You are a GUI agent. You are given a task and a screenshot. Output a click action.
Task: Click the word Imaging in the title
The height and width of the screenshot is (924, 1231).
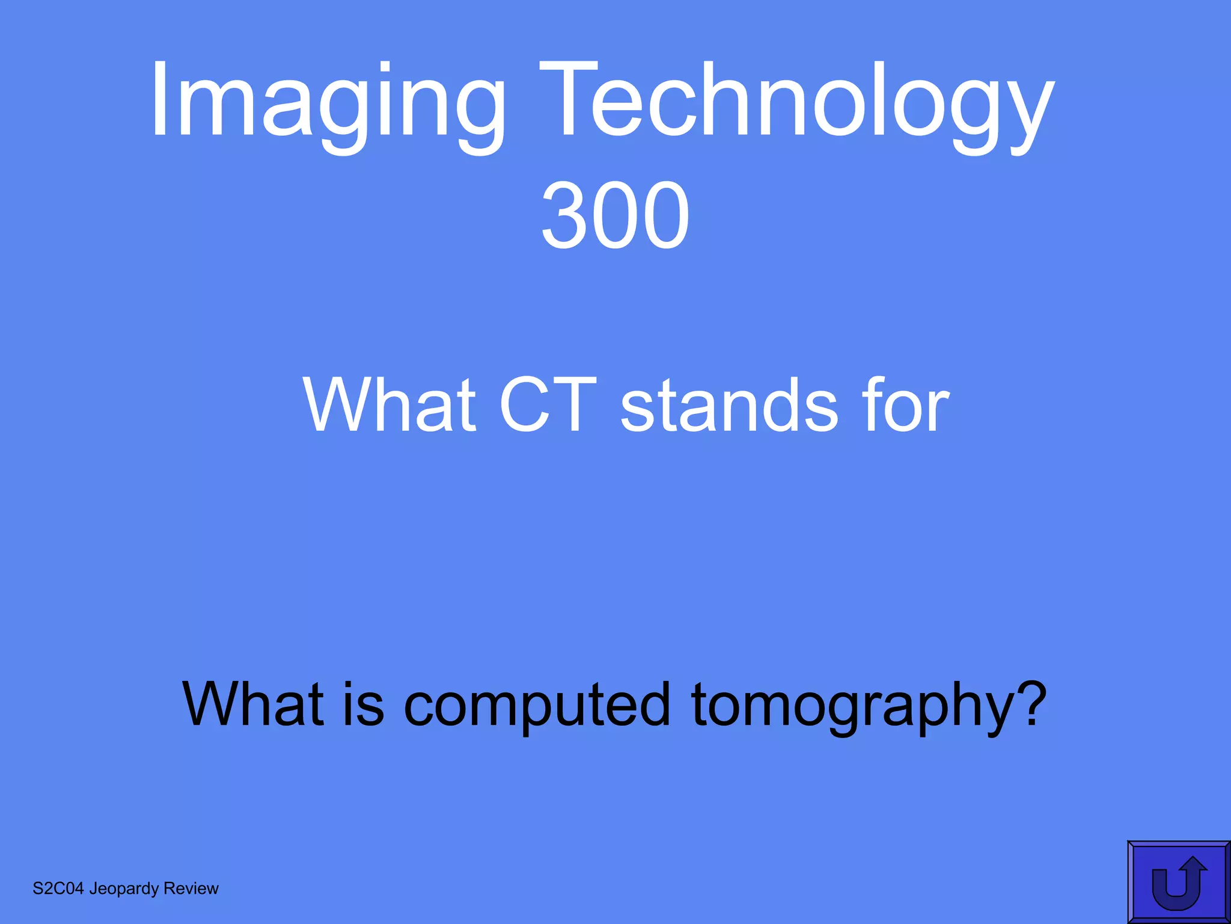click(x=328, y=102)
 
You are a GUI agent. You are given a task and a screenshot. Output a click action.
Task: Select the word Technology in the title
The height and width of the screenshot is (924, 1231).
click(x=796, y=102)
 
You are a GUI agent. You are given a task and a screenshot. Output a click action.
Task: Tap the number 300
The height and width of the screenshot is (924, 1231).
click(x=615, y=215)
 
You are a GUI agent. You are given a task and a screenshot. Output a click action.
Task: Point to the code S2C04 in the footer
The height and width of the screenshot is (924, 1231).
click(x=58, y=889)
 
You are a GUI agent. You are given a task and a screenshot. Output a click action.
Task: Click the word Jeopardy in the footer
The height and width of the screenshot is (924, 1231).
click(x=124, y=889)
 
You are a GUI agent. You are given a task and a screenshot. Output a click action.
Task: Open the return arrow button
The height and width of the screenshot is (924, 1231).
click(x=1178, y=882)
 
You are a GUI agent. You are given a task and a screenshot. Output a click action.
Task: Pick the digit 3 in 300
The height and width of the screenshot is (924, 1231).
click(x=564, y=215)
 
